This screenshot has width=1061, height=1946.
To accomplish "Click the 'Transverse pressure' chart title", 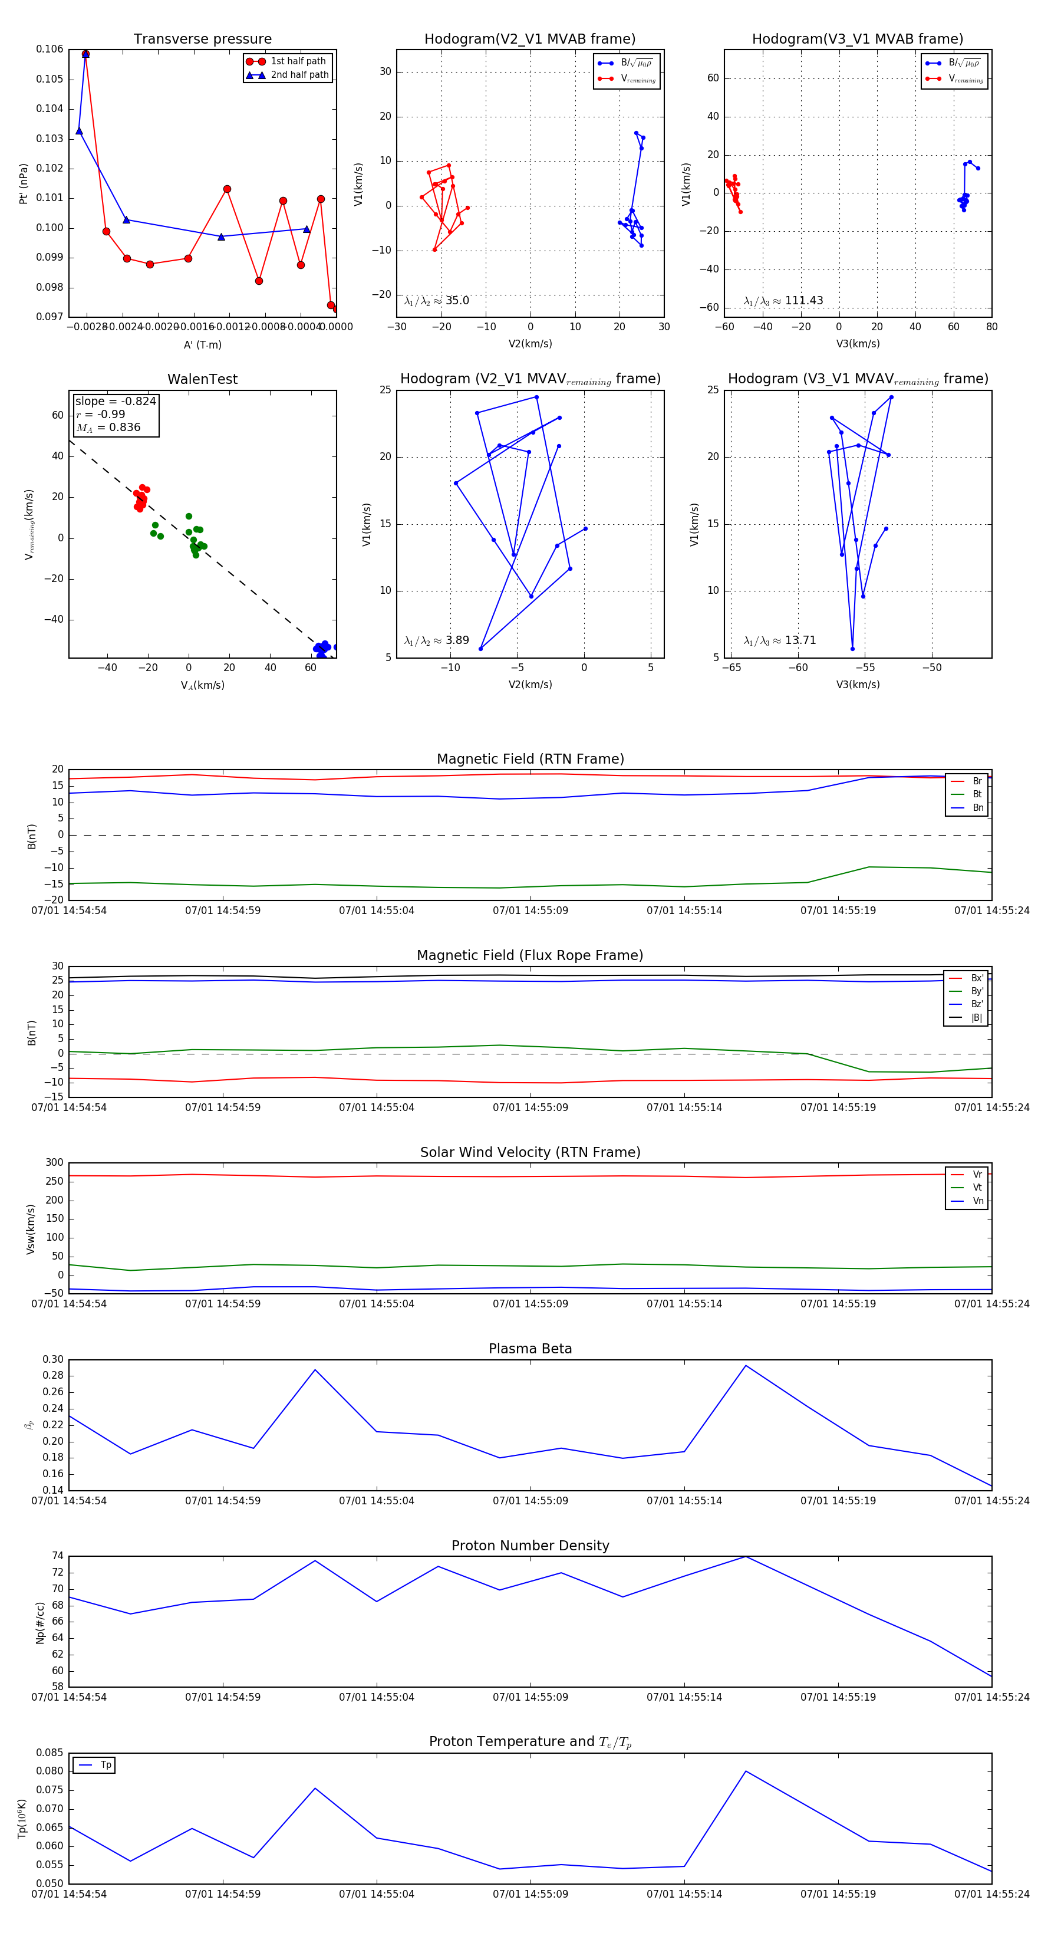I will [202, 40].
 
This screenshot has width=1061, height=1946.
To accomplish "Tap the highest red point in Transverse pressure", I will [85, 54].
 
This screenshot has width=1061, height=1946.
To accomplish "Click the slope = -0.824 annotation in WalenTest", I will [116, 401].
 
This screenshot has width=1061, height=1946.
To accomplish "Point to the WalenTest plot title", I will [202, 379].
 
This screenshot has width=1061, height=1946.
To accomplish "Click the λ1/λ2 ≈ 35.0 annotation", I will [436, 301].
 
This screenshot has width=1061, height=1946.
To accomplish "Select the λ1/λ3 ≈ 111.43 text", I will [783, 301].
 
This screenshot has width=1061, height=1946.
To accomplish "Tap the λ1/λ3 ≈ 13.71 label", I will [779, 640].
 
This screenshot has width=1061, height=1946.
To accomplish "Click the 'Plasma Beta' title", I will [530, 1349].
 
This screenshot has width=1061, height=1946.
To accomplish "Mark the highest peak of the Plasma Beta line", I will [745, 1365].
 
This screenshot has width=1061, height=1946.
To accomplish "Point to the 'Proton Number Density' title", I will [530, 1546].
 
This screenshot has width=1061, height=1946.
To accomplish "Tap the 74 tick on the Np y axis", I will [57, 1556].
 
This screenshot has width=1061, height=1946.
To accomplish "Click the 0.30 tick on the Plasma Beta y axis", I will [53, 1360].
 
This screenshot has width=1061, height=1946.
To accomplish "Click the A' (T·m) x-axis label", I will [202, 344].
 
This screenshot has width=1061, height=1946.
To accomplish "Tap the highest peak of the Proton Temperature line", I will [745, 1771].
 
